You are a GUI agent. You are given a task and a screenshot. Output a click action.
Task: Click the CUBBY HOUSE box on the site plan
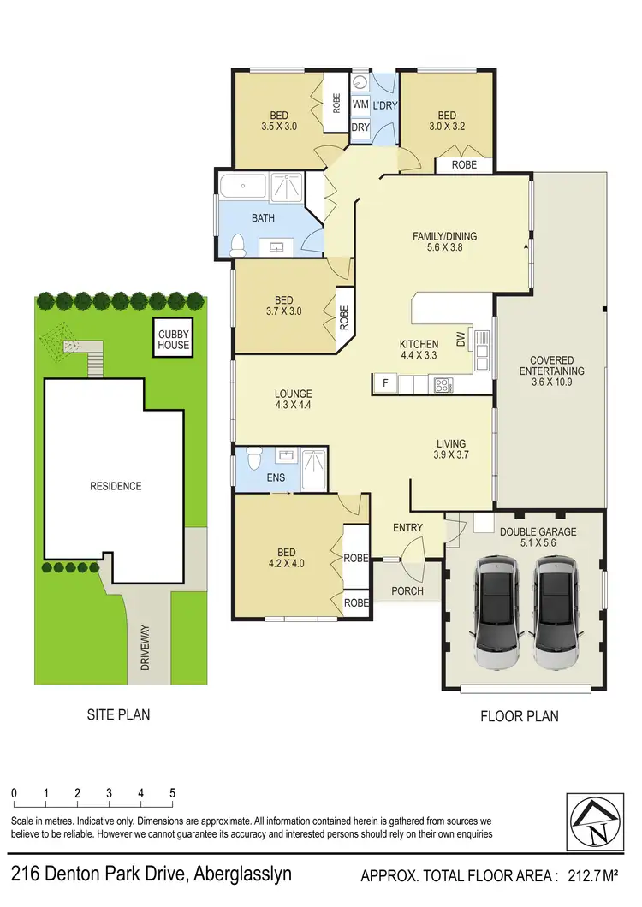[173, 340]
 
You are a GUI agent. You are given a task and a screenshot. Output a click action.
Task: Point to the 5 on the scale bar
[173, 793]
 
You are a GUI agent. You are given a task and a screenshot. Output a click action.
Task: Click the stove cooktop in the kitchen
[444, 385]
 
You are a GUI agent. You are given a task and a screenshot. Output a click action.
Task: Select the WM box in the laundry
[360, 104]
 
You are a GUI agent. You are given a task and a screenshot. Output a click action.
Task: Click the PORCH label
[407, 591]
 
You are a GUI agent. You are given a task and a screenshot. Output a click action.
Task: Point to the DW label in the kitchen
[461, 341]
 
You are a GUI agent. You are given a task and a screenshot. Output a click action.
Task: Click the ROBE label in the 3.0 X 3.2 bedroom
[464, 164]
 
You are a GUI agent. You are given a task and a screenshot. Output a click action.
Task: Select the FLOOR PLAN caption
[520, 715]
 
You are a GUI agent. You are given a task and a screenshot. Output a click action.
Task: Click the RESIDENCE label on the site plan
[116, 486]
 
